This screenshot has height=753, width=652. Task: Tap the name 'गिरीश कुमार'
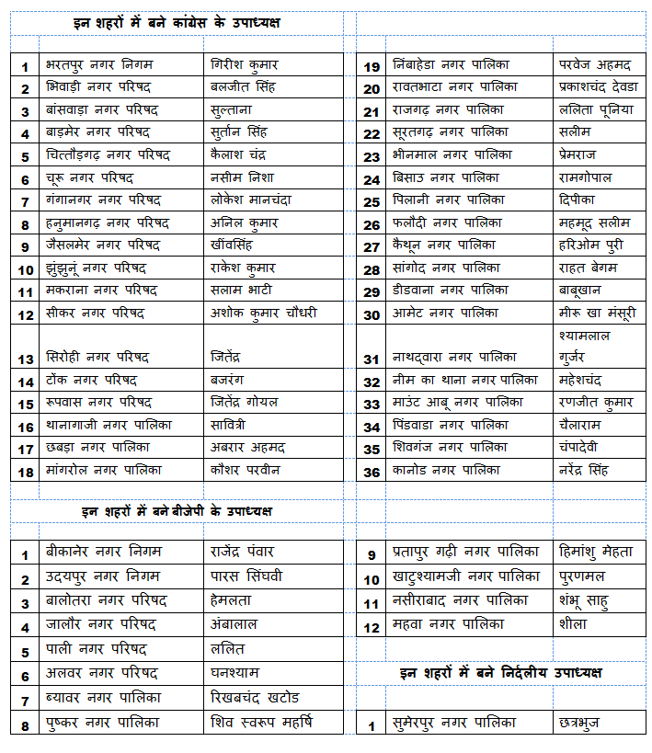point(244,65)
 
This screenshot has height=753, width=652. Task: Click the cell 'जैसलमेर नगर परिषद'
point(103,245)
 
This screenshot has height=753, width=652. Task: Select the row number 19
point(372,66)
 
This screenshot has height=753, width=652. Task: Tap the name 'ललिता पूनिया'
point(596,110)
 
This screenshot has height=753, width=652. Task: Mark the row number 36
point(372,471)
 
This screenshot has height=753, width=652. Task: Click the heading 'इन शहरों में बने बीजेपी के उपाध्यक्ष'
point(177,511)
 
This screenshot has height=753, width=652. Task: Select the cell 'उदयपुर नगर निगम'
point(102,576)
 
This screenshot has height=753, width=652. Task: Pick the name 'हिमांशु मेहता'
point(596,553)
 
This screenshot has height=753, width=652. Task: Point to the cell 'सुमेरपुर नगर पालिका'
point(454,724)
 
